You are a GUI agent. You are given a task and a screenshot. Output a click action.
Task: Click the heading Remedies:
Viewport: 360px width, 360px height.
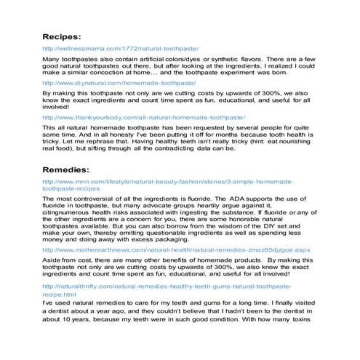67,169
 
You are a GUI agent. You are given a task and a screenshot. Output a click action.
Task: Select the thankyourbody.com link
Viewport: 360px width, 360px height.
143,117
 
